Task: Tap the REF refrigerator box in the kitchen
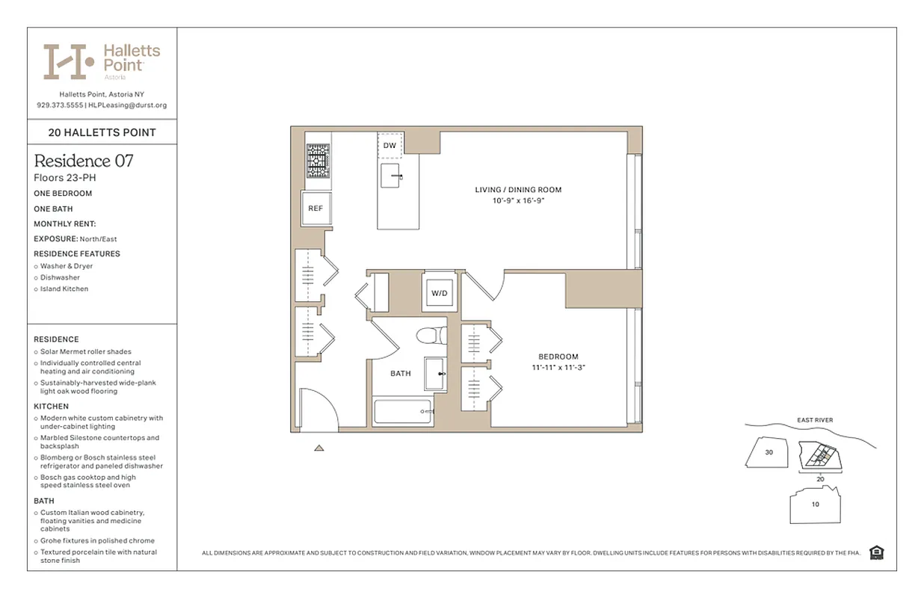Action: coord(315,208)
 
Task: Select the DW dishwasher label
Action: coord(389,146)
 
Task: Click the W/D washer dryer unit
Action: coord(439,293)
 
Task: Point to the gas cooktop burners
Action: coord(315,161)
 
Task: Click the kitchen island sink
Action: coord(394,176)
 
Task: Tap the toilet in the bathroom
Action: coord(431,336)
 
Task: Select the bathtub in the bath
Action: coord(404,412)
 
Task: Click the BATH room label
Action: coord(401,373)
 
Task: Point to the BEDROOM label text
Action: coord(558,357)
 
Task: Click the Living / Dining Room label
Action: coord(518,190)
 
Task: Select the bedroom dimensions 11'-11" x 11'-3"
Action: coord(558,368)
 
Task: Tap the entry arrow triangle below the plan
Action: coord(319,449)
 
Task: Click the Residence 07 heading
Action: coord(84,161)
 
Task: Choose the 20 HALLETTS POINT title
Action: coord(102,132)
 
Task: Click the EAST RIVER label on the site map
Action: coord(815,420)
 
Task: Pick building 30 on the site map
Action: coord(769,452)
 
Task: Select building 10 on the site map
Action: coord(815,505)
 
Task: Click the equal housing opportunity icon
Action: coord(877,553)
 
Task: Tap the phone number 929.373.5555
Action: coord(60,105)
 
